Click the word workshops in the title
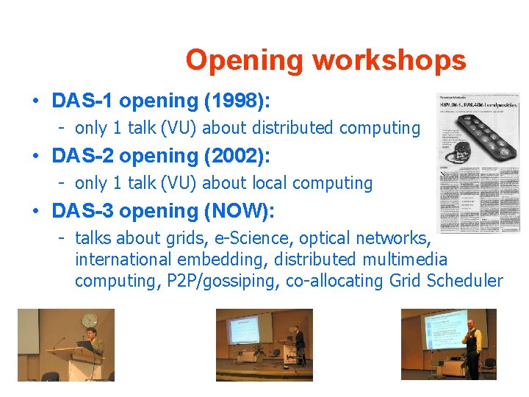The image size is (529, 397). (389, 60)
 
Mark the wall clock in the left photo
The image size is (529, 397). (89, 321)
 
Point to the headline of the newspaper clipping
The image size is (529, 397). (478, 104)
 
